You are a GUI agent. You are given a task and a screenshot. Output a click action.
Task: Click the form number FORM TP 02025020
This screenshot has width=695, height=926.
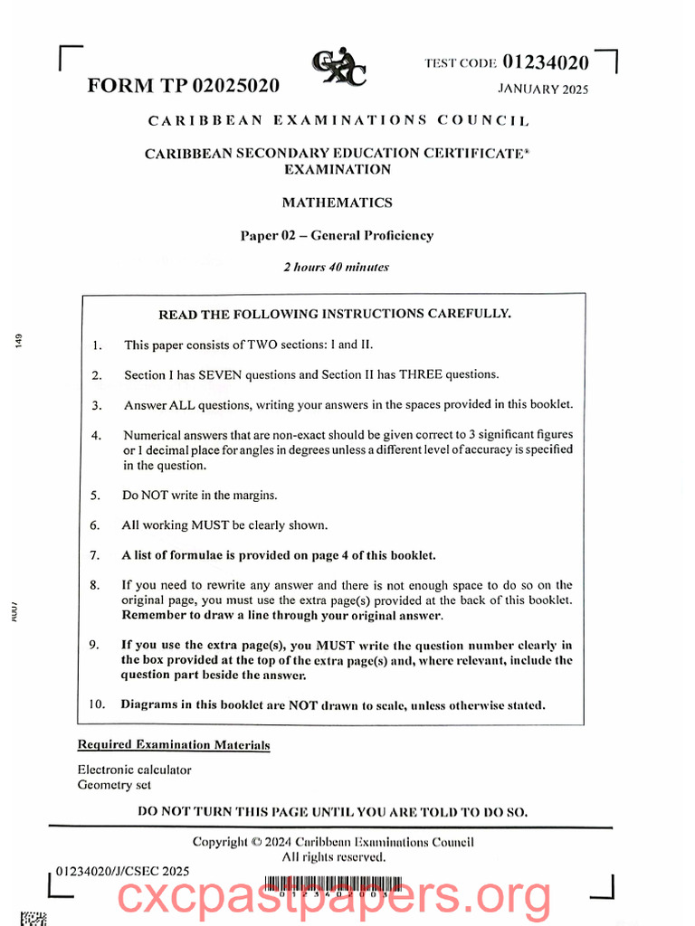pos(184,86)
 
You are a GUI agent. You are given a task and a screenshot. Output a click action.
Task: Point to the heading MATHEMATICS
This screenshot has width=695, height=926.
pos(338,203)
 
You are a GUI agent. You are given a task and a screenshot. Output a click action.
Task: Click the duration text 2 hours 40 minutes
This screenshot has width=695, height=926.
pos(337,267)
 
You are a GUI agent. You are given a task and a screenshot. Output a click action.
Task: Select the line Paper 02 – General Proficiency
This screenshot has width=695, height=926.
pos(337,235)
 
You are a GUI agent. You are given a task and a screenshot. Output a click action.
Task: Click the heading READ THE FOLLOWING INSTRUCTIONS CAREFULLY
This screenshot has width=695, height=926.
pos(335,315)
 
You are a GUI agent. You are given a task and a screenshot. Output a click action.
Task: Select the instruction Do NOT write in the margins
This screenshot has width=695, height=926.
pos(200,496)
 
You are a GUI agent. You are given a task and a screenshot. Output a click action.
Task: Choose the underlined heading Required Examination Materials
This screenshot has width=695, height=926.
pos(174,745)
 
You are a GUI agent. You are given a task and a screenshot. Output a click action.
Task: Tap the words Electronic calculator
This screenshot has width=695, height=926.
pos(135,770)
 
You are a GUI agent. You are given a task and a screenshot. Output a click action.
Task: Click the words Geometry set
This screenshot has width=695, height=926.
pos(114,785)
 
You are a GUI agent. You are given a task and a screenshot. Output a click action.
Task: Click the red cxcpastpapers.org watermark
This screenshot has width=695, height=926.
pos(335,897)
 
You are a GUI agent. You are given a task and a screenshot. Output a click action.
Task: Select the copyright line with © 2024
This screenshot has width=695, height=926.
pos(333,842)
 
